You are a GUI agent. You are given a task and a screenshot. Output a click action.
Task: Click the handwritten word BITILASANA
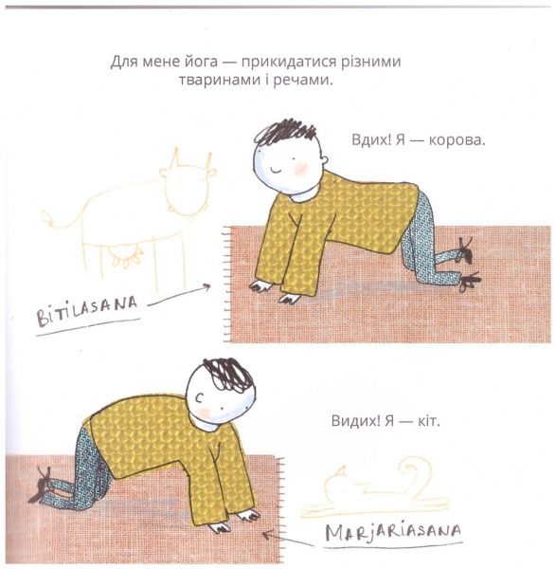[x=87, y=311]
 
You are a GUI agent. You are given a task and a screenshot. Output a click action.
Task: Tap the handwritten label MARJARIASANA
[x=393, y=531]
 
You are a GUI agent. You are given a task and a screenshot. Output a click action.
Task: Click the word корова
[x=457, y=140]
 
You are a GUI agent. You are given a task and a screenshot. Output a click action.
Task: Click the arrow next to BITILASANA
[x=179, y=296]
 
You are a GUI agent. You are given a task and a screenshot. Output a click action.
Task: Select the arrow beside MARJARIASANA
[x=287, y=539]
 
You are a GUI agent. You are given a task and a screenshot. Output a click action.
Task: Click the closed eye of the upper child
[x=276, y=169]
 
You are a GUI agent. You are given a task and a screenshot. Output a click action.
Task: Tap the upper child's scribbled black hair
[x=284, y=133]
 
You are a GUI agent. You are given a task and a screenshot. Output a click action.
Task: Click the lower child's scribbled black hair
[x=228, y=375]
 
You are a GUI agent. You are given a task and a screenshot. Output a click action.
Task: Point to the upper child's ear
[x=325, y=160]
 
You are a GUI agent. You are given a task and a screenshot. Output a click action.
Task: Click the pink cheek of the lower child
[x=206, y=412]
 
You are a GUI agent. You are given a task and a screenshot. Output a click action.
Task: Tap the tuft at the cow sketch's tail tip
[x=45, y=216]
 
